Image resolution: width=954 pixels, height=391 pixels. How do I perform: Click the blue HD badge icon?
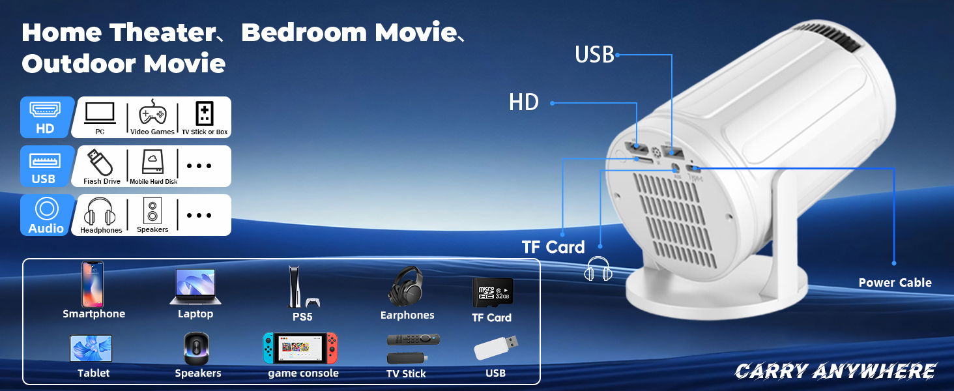(x=45, y=117)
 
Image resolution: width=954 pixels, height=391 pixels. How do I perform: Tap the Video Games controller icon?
(x=152, y=114)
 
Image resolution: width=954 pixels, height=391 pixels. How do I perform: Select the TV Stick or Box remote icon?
(x=204, y=114)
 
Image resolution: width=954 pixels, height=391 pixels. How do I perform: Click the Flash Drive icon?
(x=101, y=162)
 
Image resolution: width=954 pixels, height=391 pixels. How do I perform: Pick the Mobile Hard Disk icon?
(x=153, y=162)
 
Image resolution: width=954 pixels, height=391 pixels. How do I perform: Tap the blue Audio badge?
(x=46, y=215)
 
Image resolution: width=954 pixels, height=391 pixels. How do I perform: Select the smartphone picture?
(x=93, y=284)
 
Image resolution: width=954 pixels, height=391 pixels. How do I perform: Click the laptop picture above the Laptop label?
(x=195, y=286)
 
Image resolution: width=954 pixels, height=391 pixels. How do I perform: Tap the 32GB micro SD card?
(x=492, y=292)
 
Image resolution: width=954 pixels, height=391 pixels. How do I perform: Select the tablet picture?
(x=91, y=349)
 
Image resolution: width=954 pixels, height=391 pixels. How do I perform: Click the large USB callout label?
(x=594, y=55)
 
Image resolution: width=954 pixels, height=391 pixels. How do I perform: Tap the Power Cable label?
(x=895, y=283)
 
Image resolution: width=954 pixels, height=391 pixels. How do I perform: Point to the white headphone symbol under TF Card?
(x=598, y=269)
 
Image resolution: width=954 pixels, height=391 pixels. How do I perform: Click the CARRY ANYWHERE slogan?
(x=835, y=371)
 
